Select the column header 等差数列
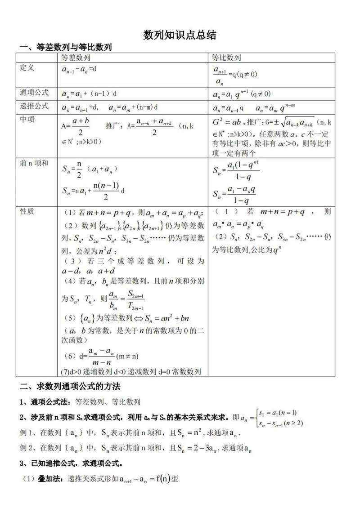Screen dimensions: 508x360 (76, 58)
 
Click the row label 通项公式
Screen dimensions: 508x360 (34, 93)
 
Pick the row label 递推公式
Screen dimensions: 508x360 (34, 107)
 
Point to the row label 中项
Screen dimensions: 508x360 (27, 120)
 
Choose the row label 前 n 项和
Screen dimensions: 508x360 (34, 163)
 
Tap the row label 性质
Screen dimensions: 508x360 (27, 211)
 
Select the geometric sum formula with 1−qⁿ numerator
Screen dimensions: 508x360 (236, 171)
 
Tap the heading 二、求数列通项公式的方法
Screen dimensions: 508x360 (70, 386)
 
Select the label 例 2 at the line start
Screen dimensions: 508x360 (27, 448)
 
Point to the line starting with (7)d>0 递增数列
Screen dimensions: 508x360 (130, 372)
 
